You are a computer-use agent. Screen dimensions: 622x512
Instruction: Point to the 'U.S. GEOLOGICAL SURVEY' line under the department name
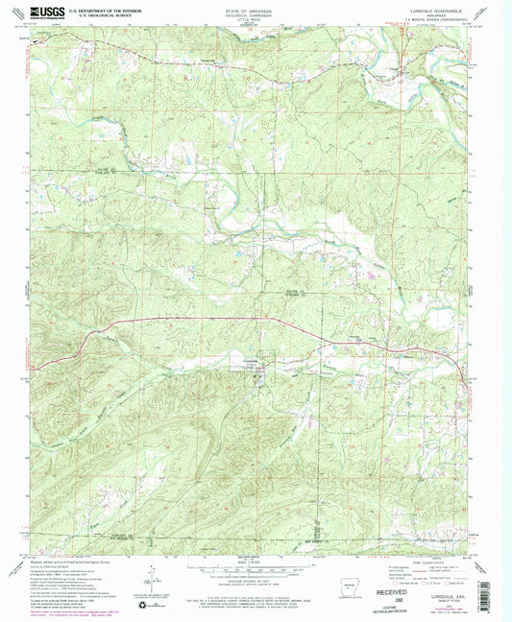tap(92, 16)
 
